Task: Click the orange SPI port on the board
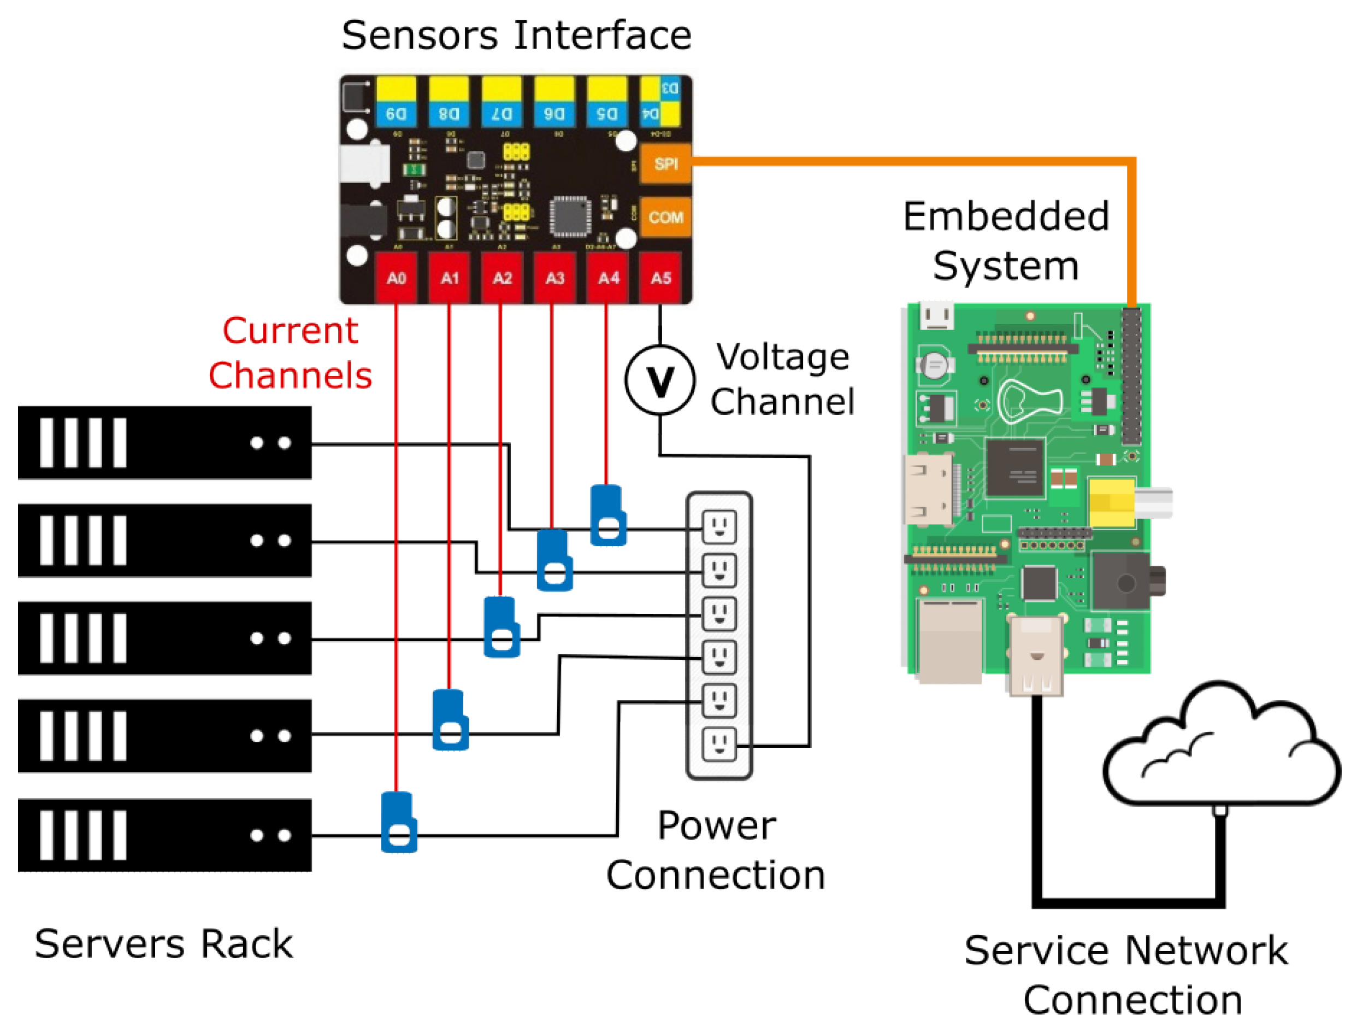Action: [x=665, y=164]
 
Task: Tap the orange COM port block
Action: [x=665, y=217]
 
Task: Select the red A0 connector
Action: [x=396, y=278]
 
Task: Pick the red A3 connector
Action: [x=554, y=278]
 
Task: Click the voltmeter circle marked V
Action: [x=659, y=380]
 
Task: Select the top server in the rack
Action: [x=164, y=442]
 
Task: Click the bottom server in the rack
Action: [x=164, y=835]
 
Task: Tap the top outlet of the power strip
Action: [x=718, y=527]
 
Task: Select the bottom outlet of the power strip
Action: [x=718, y=744]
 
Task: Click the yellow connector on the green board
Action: [x=1111, y=502]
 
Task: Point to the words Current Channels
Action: [x=290, y=353]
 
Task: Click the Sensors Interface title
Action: [x=516, y=35]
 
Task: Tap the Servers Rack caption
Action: [x=163, y=944]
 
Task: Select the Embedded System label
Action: [x=1006, y=241]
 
